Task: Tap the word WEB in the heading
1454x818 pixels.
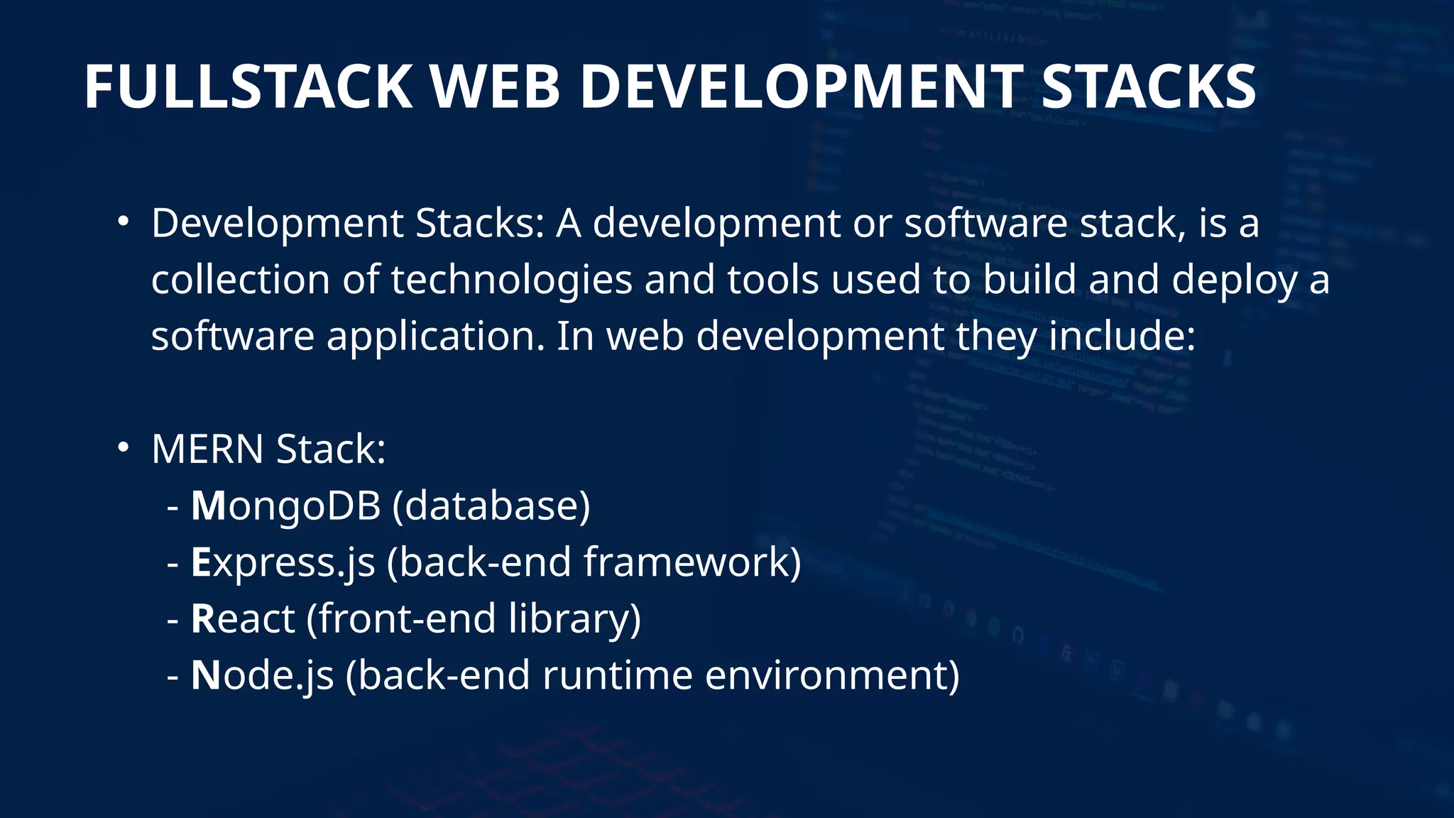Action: [x=496, y=87]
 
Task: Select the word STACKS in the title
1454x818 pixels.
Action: [x=1148, y=87]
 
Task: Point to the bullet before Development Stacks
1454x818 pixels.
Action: [x=124, y=222]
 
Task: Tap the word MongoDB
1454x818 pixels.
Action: [x=285, y=506]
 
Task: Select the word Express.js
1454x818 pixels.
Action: [x=283, y=562]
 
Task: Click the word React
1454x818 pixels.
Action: [x=243, y=618]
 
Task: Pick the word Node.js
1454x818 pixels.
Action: [x=262, y=675]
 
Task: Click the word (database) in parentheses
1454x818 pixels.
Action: [x=491, y=506]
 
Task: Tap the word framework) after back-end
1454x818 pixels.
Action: [x=692, y=562]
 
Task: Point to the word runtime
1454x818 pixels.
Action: [x=617, y=675]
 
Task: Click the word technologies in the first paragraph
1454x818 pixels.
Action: [x=511, y=280]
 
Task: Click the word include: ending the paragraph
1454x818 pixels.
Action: [x=1122, y=337]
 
